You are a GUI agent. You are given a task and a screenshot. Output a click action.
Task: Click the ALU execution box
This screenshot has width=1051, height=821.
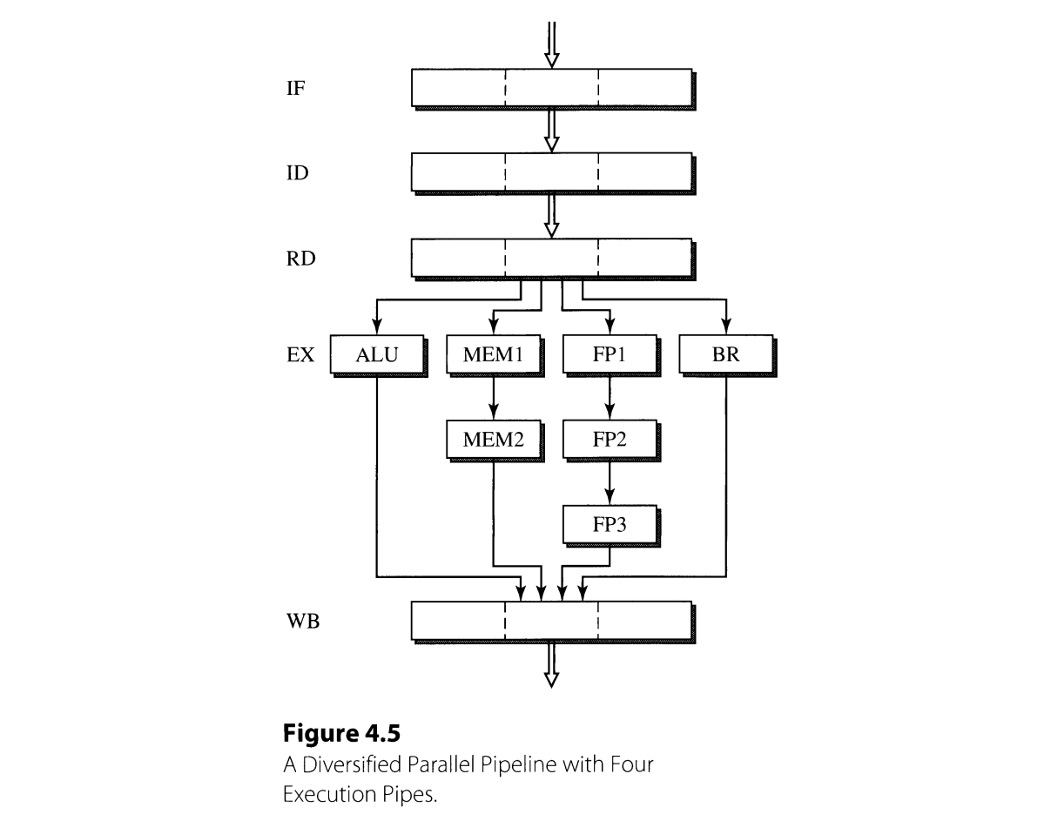tap(377, 355)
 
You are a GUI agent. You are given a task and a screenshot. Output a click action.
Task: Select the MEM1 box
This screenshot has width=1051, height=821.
tap(494, 355)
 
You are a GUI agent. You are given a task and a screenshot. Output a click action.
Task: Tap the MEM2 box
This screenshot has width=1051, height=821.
tap(494, 440)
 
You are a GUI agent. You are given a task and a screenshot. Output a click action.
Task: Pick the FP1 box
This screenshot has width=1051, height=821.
tap(610, 355)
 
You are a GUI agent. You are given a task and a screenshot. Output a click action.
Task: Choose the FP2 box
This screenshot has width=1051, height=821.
tap(610, 440)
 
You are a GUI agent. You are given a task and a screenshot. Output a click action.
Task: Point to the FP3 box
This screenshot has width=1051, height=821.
tap(610, 525)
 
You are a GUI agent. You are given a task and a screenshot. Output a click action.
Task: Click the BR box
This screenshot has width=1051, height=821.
tap(725, 355)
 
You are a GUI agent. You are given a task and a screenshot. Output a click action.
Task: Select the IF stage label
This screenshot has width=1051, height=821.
tap(295, 89)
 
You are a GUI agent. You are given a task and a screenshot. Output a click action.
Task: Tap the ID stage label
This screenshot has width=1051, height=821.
tap(297, 173)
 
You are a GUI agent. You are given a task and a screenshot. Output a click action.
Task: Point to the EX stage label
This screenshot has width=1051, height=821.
tap(300, 355)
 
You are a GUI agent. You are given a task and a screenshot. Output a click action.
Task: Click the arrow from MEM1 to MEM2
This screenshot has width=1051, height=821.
tap(494, 398)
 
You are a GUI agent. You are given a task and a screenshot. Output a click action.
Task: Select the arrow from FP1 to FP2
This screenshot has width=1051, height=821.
tap(610, 398)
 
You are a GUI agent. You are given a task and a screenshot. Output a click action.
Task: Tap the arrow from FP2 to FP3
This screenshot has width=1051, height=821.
tap(610, 482)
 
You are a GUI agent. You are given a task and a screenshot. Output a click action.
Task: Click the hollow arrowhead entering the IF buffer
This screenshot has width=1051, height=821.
tap(550, 59)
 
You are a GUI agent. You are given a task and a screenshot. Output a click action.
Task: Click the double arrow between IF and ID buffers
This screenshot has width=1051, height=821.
tap(550, 131)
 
